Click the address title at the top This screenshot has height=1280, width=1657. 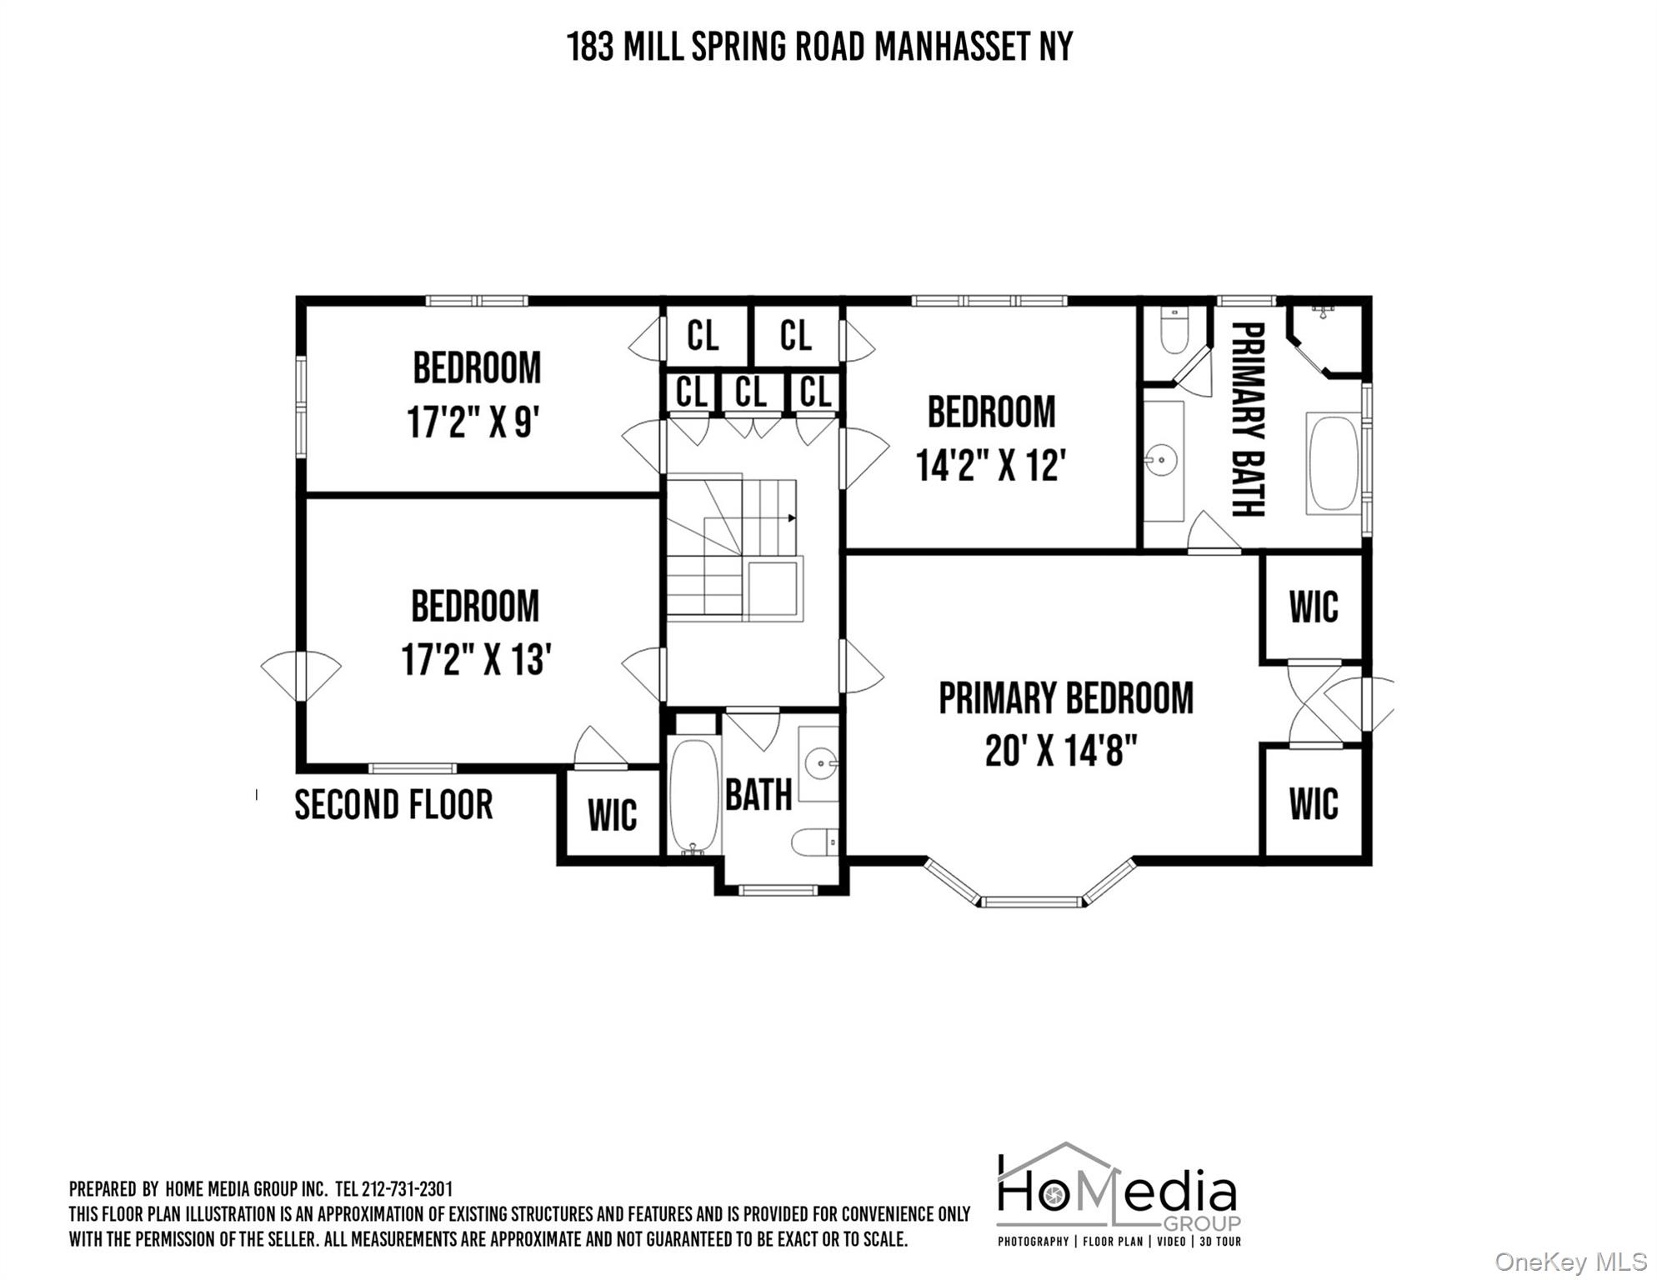pyautogui.click(x=819, y=47)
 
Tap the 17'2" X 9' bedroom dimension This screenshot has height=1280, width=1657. pyautogui.click(x=473, y=422)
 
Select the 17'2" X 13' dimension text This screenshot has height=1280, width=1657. pyautogui.click(x=476, y=659)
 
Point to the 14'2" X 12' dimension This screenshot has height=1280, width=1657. pyautogui.click(x=991, y=465)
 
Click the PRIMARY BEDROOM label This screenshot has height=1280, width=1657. pyautogui.click(x=1066, y=698)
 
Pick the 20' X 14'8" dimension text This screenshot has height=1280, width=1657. pyautogui.click(x=1061, y=750)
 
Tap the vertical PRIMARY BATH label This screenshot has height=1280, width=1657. pyautogui.click(x=1249, y=419)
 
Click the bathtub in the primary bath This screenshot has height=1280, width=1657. pyautogui.click(x=1333, y=462)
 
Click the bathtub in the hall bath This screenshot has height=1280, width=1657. pyautogui.click(x=693, y=795)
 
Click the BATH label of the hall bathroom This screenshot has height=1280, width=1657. pyautogui.click(x=758, y=795)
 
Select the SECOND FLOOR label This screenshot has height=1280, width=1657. pyautogui.click(x=393, y=805)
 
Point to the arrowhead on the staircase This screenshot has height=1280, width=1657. pyautogui.click(x=792, y=518)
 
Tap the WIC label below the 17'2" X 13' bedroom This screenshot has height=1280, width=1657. pyautogui.click(x=612, y=815)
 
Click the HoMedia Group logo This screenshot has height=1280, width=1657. pyautogui.click(x=1119, y=1193)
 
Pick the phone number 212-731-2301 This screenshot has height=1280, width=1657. pyautogui.click(x=408, y=1189)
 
